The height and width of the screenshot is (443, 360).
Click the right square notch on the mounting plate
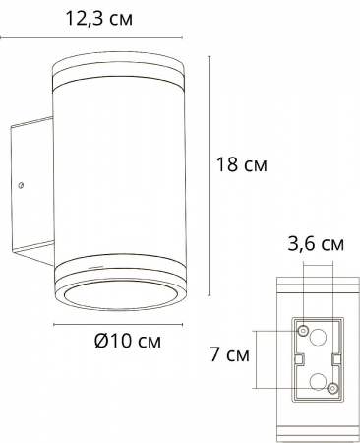[340, 359]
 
